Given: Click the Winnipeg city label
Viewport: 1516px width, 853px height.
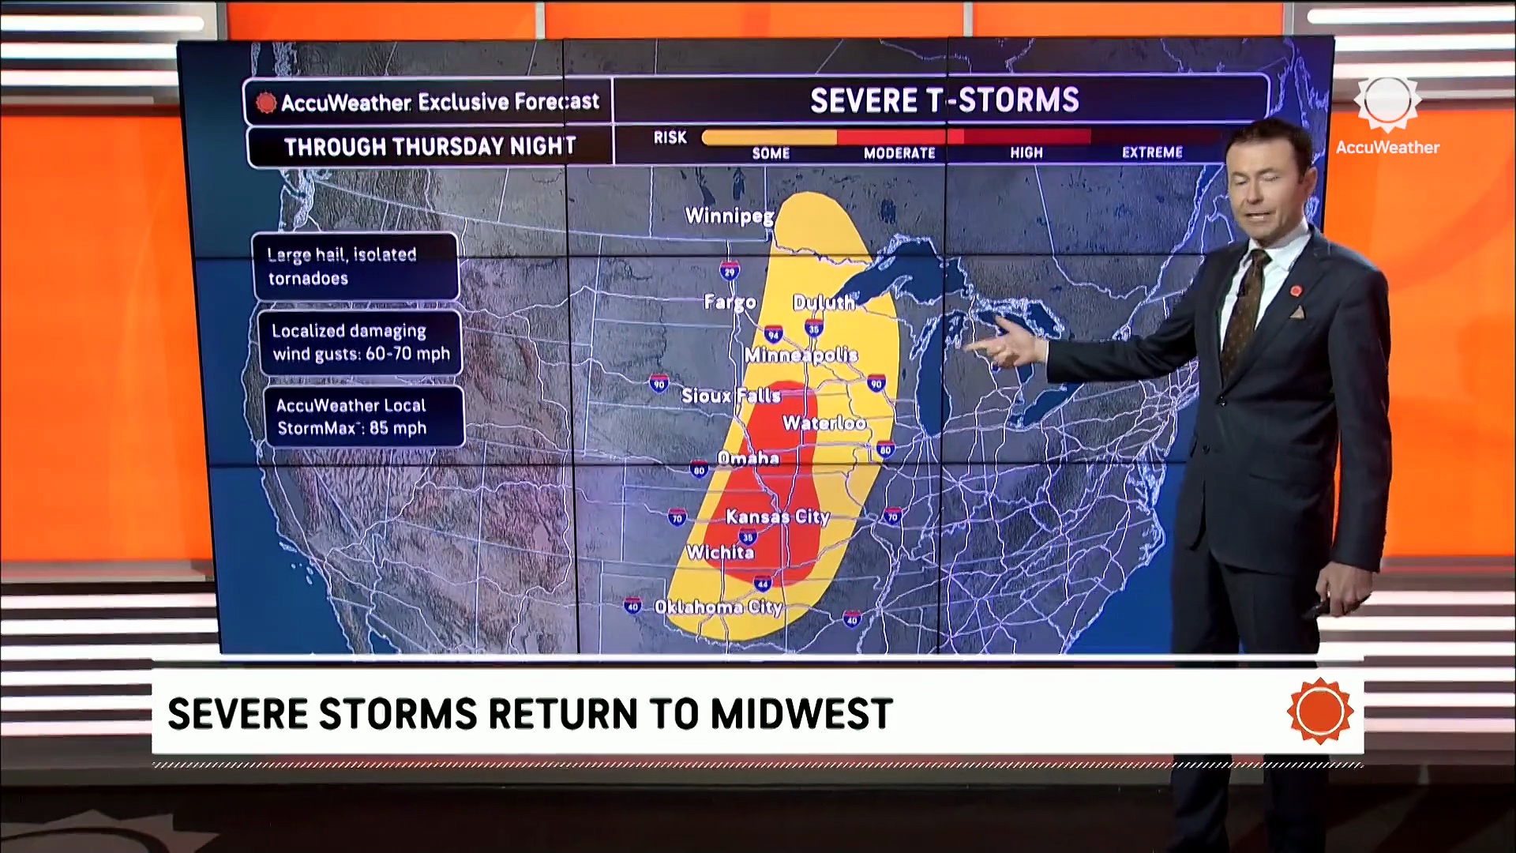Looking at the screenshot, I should pos(729,216).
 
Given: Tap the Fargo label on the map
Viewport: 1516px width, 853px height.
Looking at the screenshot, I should pos(730,302).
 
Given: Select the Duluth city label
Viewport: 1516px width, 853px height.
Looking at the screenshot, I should pos(824,302).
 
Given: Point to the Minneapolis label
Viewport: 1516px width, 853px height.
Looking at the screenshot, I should pos(801,355).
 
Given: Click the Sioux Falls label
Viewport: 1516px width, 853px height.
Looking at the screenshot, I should pos(731,396).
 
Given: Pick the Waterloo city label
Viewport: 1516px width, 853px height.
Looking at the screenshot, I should pos(824,423).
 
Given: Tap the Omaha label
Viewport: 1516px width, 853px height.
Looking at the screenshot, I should pos(748,458).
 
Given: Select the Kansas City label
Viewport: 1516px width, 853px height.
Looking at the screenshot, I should pos(777,517).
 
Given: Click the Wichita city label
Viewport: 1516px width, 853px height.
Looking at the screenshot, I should pos(719,552).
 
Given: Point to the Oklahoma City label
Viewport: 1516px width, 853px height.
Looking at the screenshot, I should pos(718,607).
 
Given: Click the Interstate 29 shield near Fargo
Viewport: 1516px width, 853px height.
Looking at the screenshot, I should pos(730,272).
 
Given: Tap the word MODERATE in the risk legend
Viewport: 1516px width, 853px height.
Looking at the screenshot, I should pos(899,153).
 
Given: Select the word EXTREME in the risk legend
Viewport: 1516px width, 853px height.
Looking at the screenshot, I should pos(1152,152).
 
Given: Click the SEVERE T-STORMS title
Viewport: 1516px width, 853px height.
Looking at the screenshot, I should pos(944,100).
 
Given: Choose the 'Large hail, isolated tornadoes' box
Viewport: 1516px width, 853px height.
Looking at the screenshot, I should pos(355,266).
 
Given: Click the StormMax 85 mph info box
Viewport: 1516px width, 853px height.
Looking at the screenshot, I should pos(363,417).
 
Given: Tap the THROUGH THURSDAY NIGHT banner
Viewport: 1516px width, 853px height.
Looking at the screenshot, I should pos(430,147).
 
